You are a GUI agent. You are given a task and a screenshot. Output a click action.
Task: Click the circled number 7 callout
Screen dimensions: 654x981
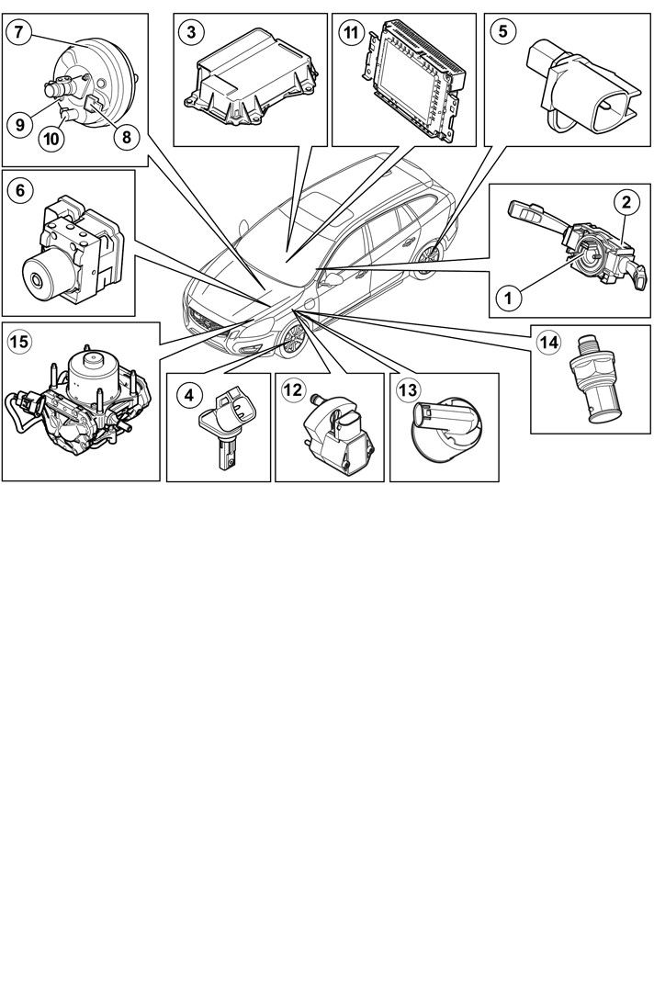[x=18, y=31]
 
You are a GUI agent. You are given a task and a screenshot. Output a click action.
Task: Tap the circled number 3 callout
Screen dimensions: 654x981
[x=191, y=31]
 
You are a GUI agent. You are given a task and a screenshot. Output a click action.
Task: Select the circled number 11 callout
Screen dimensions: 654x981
[x=351, y=31]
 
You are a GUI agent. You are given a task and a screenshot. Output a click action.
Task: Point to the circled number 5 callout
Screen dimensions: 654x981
[x=503, y=31]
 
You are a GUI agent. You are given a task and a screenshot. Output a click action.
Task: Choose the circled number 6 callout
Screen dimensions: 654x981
[x=20, y=189]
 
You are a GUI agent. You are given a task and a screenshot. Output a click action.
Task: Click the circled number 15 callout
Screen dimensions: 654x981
[x=20, y=342]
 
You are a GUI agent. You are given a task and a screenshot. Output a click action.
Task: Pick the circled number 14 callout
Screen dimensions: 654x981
[x=549, y=343]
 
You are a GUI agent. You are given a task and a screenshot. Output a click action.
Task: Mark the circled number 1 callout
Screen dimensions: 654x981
[x=508, y=298]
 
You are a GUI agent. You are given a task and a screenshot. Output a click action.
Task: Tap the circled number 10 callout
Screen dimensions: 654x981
[x=51, y=139]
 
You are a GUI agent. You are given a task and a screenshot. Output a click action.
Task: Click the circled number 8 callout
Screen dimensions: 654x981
[x=127, y=136]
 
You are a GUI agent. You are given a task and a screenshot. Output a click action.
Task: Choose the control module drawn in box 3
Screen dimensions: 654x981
[x=251, y=82]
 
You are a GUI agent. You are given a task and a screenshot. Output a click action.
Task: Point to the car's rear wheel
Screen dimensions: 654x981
[x=430, y=256]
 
